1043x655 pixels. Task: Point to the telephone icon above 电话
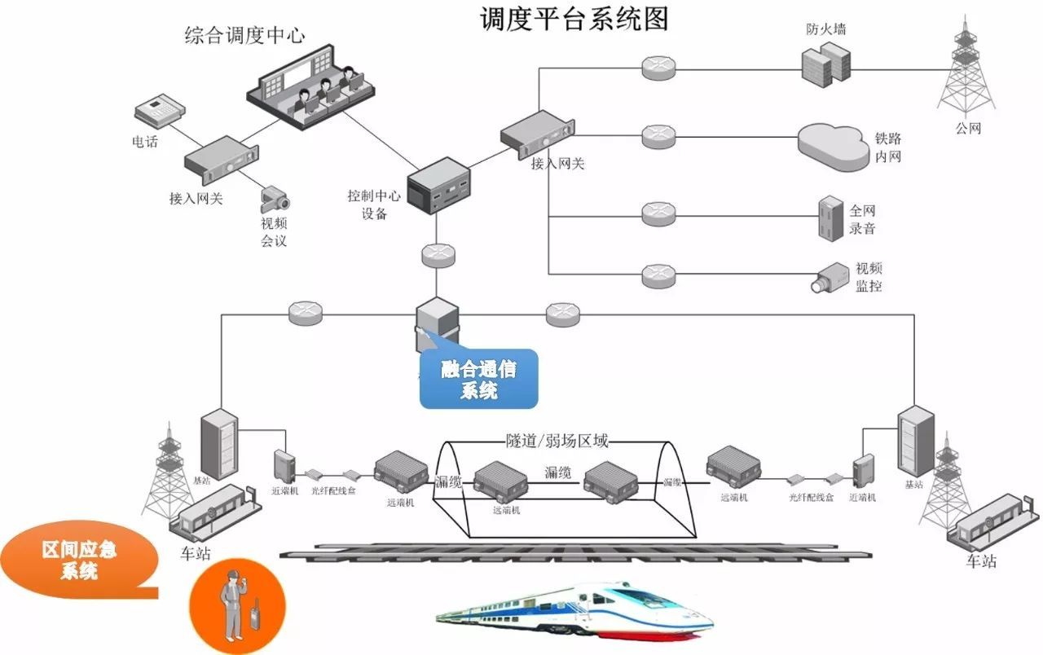157,111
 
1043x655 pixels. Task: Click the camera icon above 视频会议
275,197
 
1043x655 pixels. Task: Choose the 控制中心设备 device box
438,184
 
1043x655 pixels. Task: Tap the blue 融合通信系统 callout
479,379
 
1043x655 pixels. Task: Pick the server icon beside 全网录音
830,217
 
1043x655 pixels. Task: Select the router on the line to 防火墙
658,67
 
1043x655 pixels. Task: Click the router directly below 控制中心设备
438,253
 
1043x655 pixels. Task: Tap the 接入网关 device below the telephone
221,160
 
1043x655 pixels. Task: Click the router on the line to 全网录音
658,214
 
